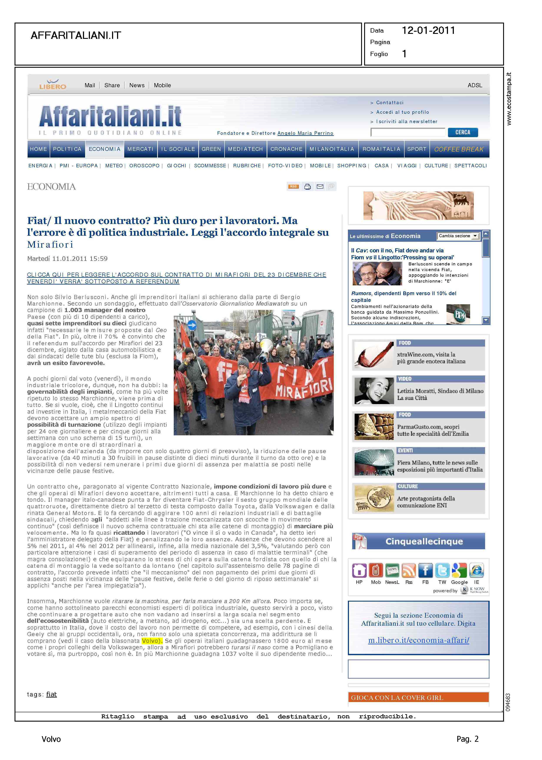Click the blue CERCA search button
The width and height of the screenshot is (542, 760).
[x=463, y=132]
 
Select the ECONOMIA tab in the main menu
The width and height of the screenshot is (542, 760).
[x=104, y=149]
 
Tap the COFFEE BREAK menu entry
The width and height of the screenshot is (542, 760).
[x=459, y=149]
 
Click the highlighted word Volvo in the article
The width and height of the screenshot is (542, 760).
[x=152, y=641]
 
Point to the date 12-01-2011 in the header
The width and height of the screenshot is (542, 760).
[x=428, y=31]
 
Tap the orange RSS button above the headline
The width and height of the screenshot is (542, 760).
[x=293, y=187]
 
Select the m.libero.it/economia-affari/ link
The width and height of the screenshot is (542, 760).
[x=418, y=640]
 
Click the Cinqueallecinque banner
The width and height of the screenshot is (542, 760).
[x=418, y=541]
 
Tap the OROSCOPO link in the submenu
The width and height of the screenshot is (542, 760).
[x=144, y=166]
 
